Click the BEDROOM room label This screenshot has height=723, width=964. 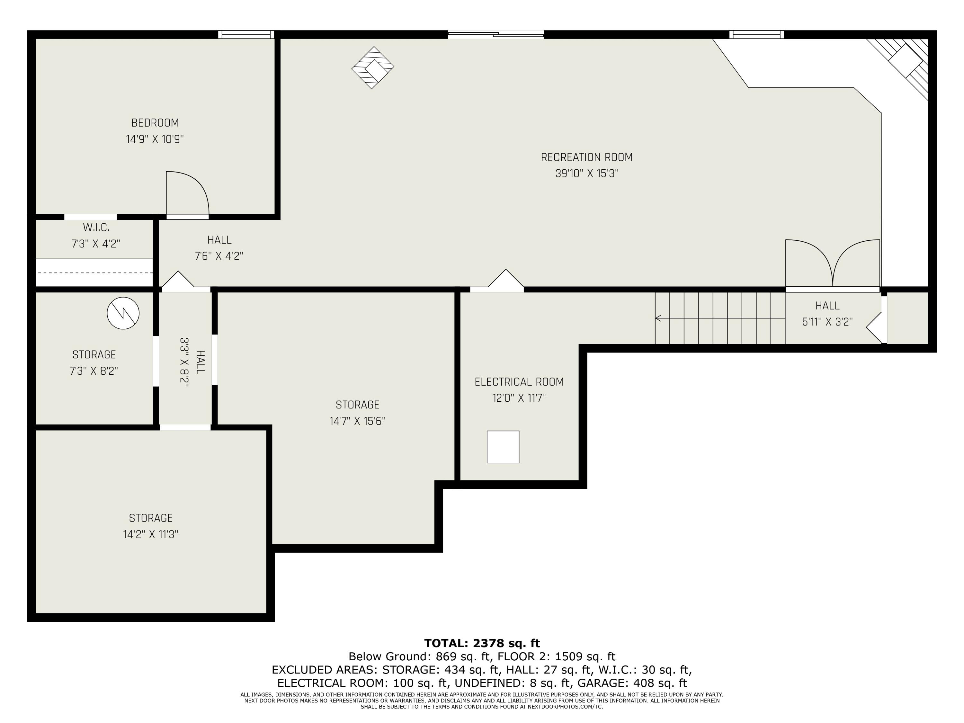(155, 123)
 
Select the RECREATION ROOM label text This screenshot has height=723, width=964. (586, 157)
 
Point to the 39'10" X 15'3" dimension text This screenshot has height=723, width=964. (586, 174)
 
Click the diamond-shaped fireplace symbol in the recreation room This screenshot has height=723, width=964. (373, 67)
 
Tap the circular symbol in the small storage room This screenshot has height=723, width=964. (123, 313)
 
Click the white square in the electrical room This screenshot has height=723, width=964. (503, 447)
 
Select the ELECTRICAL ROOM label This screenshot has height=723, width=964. (519, 382)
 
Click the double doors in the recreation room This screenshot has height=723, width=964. (832, 264)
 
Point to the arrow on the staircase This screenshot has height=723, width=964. (658, 318)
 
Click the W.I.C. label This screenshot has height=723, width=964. (96, 228)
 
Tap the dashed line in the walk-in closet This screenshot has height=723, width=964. (94, 273)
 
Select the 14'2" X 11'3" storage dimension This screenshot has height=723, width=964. (150, 534)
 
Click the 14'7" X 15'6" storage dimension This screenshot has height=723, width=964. (357, 421)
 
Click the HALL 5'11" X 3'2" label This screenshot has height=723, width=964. (827, 314)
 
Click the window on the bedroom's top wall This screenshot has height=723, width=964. (246, 34)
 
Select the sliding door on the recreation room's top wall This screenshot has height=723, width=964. (495, 34)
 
